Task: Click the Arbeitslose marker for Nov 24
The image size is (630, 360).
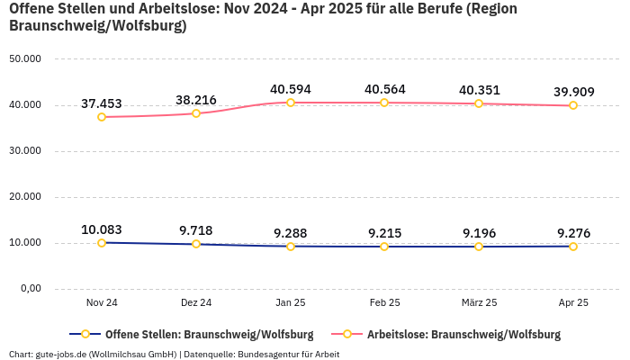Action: [x=102, y=117]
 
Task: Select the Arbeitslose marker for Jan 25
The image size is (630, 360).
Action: [x=291, y=103]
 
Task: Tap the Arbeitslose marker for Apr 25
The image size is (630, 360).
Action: [x=573, y=105]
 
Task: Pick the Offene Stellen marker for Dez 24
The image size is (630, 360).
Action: [x=196, y=244]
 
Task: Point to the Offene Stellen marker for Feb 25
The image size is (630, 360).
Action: [x=384, y=247]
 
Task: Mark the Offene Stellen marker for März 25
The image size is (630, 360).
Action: [x=479, y=247]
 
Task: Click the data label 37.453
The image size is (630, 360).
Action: [x=101, y=104]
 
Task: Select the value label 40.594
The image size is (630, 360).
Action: [x=291, y=90]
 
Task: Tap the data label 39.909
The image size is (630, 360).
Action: [x=573, y=92]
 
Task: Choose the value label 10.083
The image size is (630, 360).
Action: [x=101, y=229]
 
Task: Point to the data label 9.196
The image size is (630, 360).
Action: [x=479, y=233]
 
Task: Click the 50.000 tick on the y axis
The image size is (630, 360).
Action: [x=24, y=59]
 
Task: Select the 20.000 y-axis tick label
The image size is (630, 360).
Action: [x=24, y=197]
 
